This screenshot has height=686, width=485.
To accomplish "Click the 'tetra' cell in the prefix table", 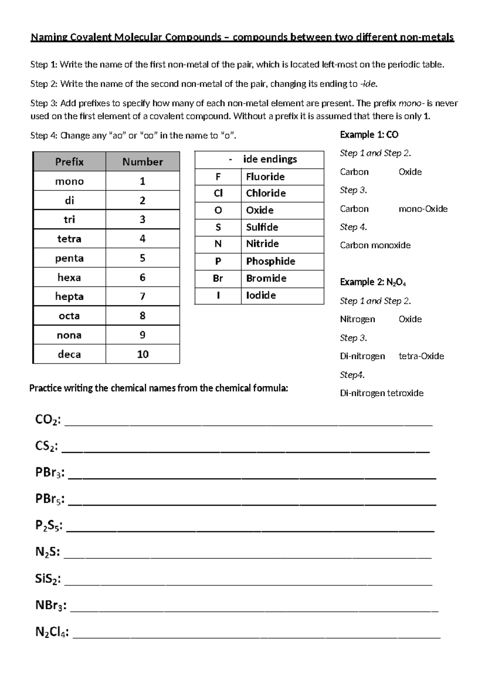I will pos(69,239).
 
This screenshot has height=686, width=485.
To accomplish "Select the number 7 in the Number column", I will pos(142,296).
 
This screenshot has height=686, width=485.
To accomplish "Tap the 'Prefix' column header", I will pos(69,162).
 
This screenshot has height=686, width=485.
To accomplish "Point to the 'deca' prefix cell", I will pos(69,354).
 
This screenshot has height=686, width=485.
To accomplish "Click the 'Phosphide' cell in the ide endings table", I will pos(270,261).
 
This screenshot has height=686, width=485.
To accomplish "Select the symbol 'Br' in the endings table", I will pos(218,278).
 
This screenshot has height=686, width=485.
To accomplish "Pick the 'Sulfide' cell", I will pos(262,227).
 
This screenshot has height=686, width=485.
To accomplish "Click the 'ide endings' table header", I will pos(270,159).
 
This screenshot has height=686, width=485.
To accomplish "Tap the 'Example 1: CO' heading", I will pos(369,135).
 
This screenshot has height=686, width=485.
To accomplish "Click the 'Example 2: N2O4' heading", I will pos(373,282).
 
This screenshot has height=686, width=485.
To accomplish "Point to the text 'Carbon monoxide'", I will pos(375,245).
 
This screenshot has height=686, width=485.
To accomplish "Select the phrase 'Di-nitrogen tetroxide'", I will pos(382,393).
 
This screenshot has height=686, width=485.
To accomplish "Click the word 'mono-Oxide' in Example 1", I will pos(423,209).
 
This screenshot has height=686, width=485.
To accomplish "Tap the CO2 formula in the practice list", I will pos(48,420).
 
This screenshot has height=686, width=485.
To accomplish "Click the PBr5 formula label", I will pos(49,499).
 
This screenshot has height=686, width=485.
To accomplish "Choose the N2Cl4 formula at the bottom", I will pos(51,632).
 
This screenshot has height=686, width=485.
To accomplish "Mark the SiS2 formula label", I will pos(48,579).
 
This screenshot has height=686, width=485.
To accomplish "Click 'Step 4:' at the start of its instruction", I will pos(44,136).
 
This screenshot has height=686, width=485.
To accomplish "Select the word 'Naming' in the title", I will pos(49,38).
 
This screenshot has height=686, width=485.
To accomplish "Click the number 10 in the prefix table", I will pos(143,354).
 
